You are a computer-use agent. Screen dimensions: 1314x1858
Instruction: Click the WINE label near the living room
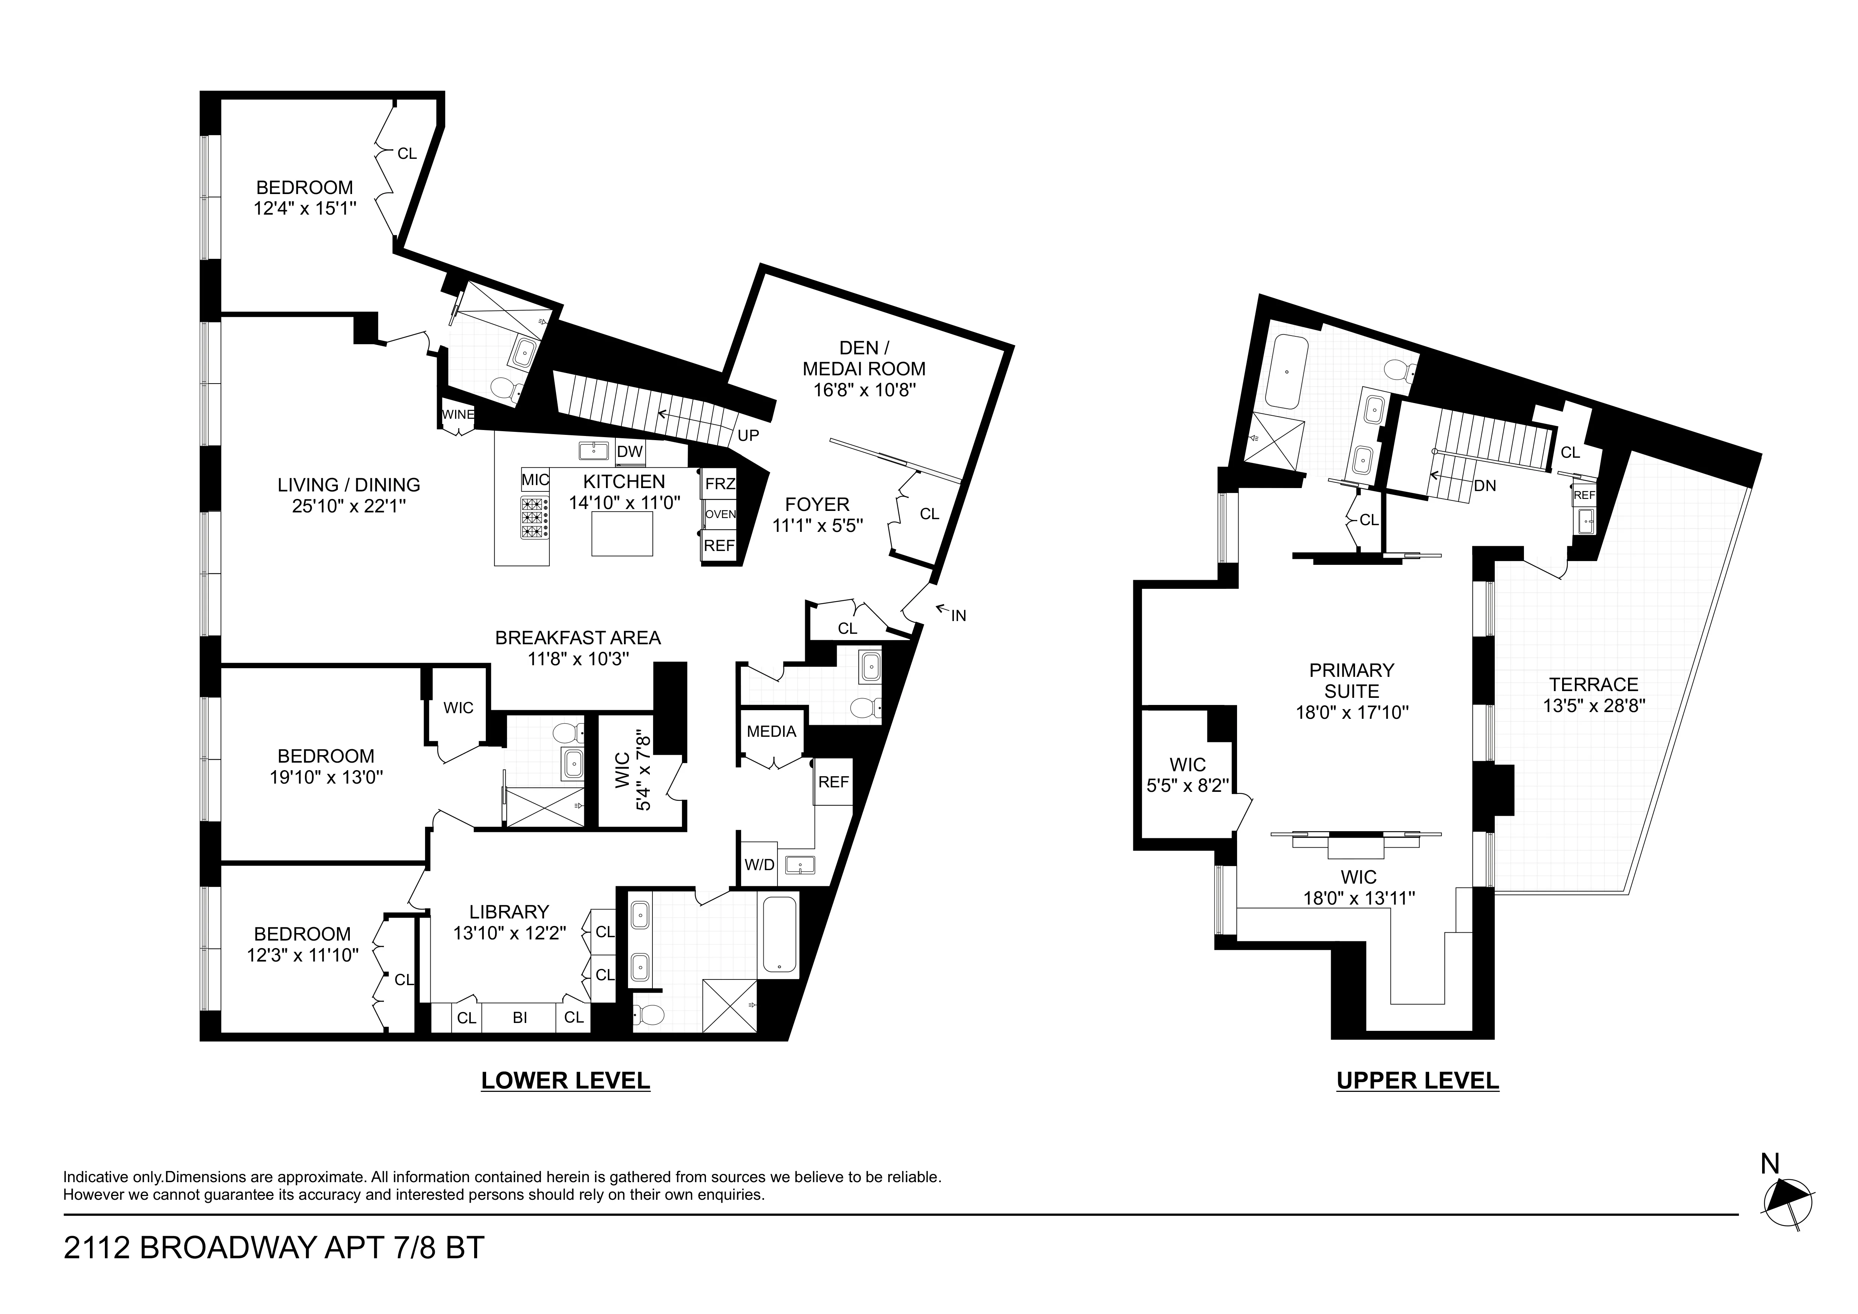[x=458, y=414]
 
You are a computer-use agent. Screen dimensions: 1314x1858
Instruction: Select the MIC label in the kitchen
[x=535, y=480]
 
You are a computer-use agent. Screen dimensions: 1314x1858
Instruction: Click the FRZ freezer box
[x=719, y=484]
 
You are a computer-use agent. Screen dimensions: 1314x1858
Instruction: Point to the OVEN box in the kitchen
[x=719, y=514]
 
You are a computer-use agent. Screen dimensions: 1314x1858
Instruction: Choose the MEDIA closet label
[x=771, y=732]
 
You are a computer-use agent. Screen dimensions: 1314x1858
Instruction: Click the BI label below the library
[x=519, y=1018]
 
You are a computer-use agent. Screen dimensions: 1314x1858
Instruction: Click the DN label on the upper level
[x=1484, y=486]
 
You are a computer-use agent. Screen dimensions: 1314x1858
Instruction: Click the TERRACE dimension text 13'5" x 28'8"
[x=1593, y=706]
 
